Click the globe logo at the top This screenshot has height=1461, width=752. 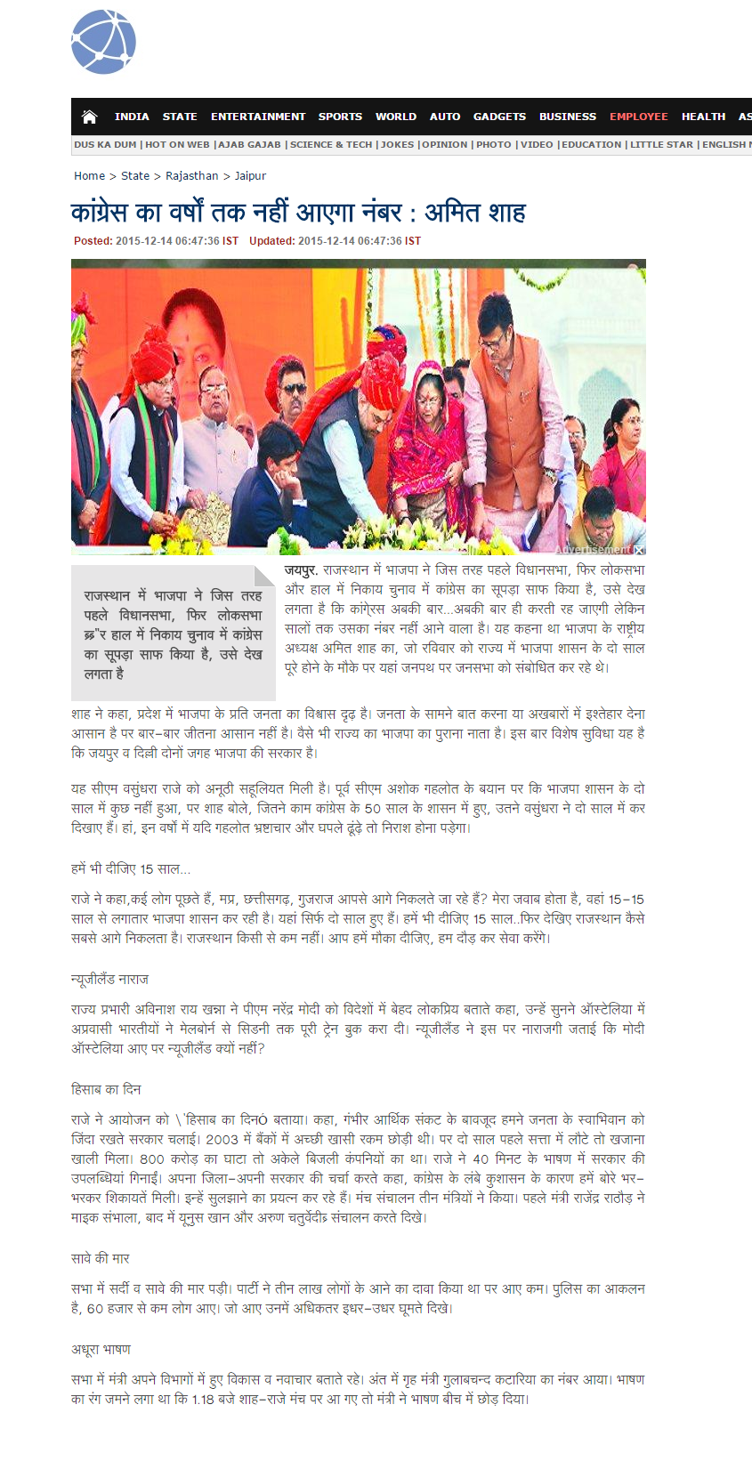[x=103, y=43]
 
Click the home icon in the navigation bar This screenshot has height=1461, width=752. [x=89, y=117]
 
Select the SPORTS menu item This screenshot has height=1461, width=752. [x=340, y=117]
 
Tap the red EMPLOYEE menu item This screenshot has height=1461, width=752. [x=638, y=117]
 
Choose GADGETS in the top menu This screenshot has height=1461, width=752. [x=499, y=117]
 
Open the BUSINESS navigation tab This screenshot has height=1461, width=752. [x=568, y=117]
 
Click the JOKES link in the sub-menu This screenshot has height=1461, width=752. [x=398, y=144]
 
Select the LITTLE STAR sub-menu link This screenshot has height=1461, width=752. [x=661, y=144]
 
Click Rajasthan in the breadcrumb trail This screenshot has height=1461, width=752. [x=191, y=176]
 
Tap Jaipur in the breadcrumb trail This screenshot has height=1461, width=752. [x=250, y=176]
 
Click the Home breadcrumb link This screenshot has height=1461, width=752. [x=89, y=176]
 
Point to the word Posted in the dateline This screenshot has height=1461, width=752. [x=93, y=241]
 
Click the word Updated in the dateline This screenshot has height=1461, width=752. [x=271, y=241]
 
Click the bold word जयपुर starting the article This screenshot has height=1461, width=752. [x=301, y=570]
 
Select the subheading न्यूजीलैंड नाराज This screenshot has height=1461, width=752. [x=109, y=979]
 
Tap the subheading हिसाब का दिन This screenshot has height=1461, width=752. [x=106, y=1089]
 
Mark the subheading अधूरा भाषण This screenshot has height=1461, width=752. [x=101, y=1349]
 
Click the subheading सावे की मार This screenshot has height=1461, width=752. [x=101, y=1258]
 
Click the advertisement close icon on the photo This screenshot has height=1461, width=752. [x=640, y=550]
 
